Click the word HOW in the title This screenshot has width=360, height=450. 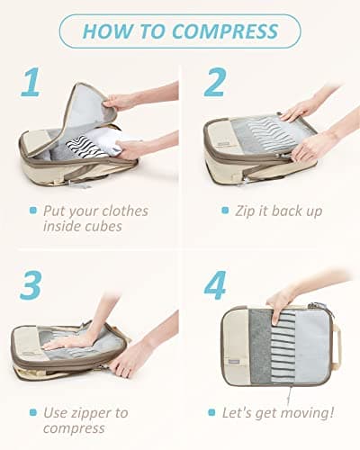[106, 31]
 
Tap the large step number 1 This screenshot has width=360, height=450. [31, 83]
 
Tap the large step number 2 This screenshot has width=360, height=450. [213, 83]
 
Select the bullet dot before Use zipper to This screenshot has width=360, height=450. [31, 413]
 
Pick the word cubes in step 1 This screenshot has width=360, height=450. [103, 227]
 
